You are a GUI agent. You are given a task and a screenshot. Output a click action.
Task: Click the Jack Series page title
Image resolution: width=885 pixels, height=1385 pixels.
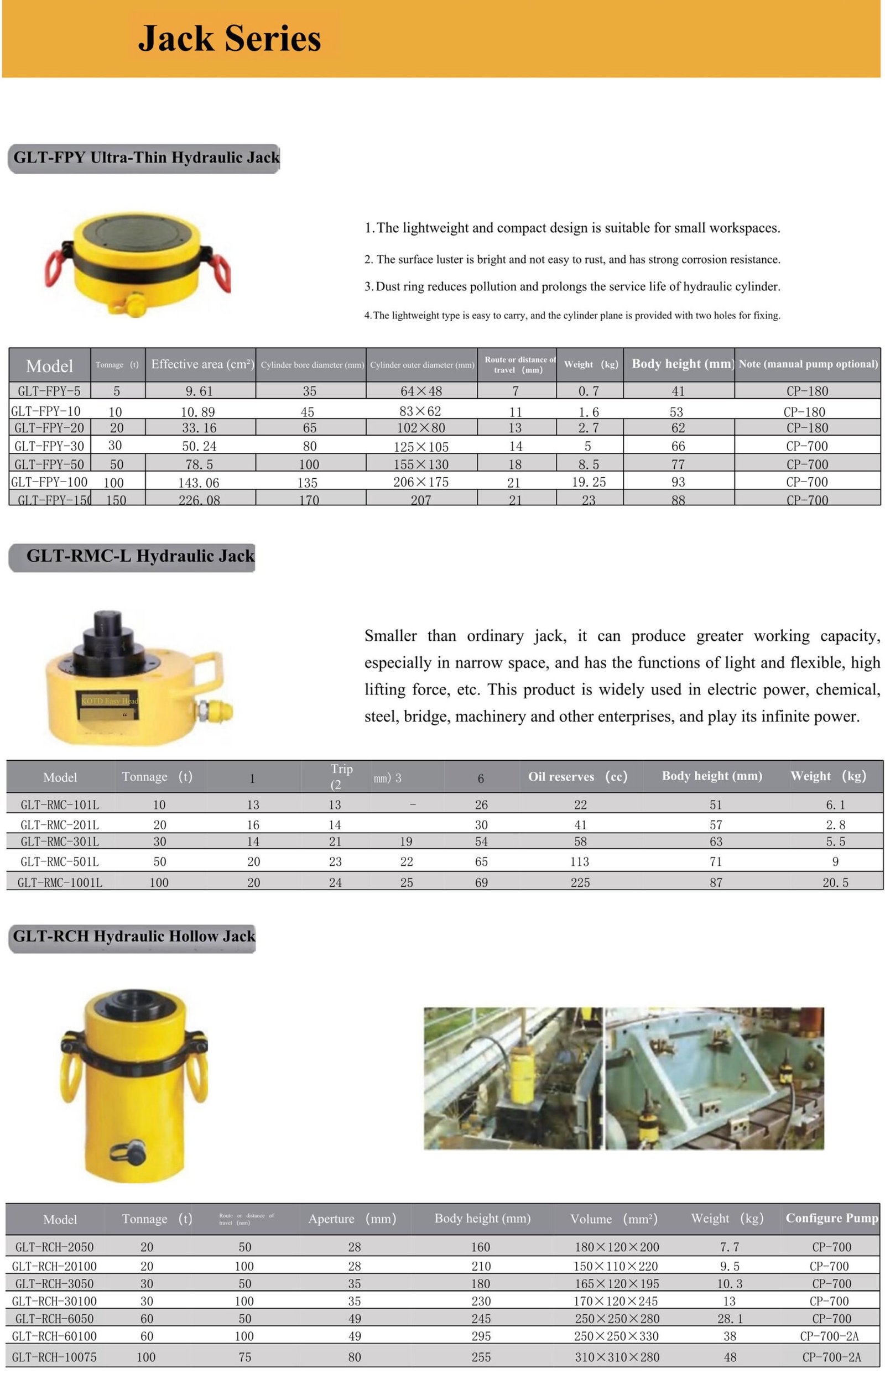229,39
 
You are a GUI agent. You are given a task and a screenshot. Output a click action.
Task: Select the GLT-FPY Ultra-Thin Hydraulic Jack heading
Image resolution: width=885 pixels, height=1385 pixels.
145,158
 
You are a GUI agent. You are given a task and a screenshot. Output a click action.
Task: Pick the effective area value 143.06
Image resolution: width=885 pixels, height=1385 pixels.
199,483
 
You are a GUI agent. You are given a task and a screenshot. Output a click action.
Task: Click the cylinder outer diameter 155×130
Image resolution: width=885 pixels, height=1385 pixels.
421,464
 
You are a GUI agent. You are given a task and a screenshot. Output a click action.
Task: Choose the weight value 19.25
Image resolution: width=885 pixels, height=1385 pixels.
589,482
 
